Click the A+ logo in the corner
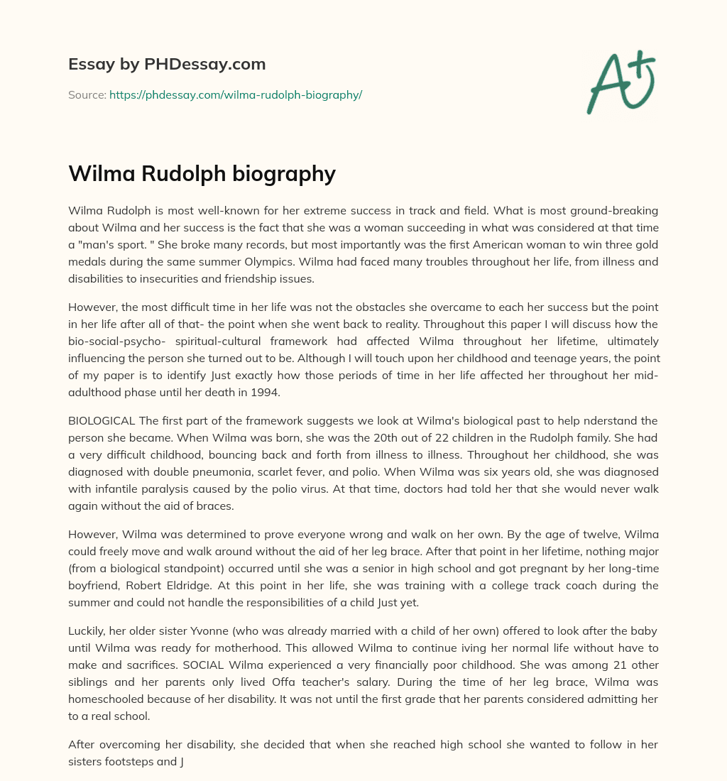coord(621,82)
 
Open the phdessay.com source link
coord(236,94)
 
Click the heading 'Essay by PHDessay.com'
coord(167,65)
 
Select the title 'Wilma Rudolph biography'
coord(202,174)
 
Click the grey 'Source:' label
coord(87,94)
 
